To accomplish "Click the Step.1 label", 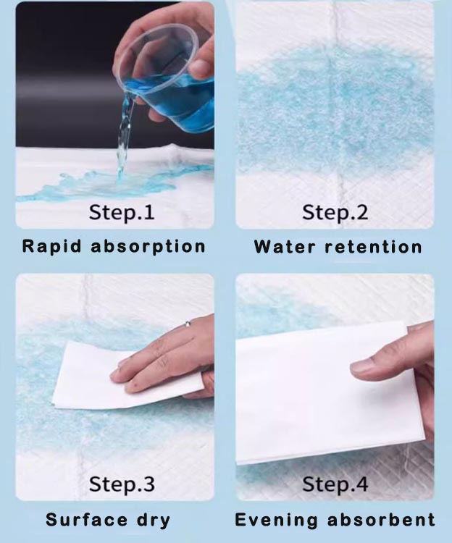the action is (122, 213).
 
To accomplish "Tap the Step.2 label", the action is (335, 213).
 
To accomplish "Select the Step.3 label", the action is (122, 484).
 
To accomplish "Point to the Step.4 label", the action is (335, 484).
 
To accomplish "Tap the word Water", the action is (285, 248).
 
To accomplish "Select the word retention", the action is (373, 248).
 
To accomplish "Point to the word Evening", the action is (276, 521).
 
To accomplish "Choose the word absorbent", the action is (381, 520).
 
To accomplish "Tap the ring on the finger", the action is (188, 324).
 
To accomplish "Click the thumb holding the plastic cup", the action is (201, 70).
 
